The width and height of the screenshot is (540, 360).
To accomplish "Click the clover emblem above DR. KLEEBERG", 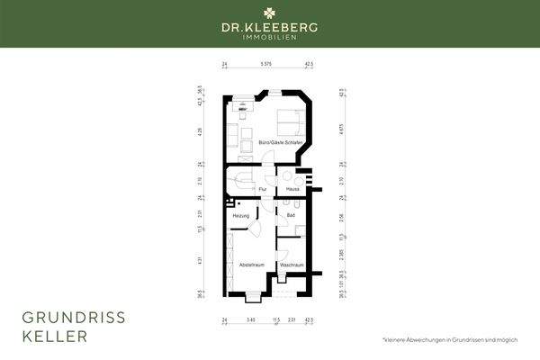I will [x=270, y=13].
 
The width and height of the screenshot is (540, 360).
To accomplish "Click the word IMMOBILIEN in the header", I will [x=270, y=36].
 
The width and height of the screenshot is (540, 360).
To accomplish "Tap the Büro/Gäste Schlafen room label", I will [x=273, y=144].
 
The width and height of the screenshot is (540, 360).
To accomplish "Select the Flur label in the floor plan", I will [x=263, y=189].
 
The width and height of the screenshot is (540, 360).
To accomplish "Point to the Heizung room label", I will [x=241, y=216].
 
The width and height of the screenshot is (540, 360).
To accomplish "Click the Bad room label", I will [x=291, y=216].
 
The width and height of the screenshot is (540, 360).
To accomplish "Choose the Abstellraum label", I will [x=250, y=265].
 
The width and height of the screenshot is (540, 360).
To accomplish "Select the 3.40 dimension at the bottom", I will [x=249, y=319].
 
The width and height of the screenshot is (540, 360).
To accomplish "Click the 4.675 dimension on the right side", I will [x=342, y=130].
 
